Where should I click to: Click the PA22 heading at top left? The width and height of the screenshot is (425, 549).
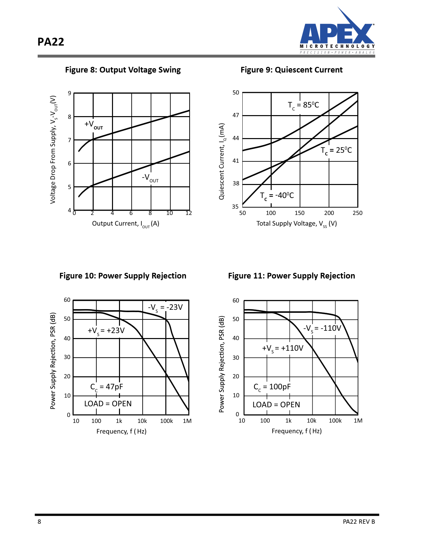tap(51, 42)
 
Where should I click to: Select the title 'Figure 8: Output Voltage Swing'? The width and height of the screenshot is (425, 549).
tap(123, 70)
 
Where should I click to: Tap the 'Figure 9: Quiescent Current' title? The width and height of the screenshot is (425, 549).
tap(291, 70)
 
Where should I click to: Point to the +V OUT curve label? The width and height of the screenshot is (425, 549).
tap(94, 125)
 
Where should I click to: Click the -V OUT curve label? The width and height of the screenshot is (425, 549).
tap(150, 178)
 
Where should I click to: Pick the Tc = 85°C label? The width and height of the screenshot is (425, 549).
tap(303, 105)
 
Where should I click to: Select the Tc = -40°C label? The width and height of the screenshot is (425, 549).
tap(277, 196)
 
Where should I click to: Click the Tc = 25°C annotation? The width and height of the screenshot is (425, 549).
tap(336, 150)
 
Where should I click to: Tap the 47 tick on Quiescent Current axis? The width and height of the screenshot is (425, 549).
tap(236, 115)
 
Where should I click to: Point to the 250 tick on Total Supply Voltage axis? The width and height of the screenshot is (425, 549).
tap(357, 213)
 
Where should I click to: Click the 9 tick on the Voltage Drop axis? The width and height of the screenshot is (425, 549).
tap(69, 93)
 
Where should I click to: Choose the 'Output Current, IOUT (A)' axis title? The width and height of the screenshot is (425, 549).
tap(125, 224)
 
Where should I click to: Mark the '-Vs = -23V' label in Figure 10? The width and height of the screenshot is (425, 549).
tap(165, 307)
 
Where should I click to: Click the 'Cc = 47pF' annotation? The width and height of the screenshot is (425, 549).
tap(107, 387)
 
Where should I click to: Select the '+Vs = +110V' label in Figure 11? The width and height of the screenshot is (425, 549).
tap(283, 348)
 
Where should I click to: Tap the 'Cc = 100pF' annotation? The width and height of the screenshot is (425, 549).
tap(272, 387)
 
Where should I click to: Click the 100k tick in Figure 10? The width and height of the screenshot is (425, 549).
tap(166, 421)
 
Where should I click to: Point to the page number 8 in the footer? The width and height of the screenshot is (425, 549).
tap(39, 522)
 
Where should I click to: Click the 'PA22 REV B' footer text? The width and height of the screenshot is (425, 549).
tap(359, 522)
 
